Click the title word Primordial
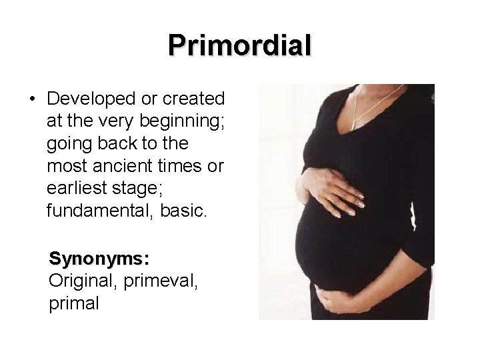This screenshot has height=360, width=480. [239, 45]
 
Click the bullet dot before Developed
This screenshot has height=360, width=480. [32, 99]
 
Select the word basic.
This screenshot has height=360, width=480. [185, 212]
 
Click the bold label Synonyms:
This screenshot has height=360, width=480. [99, 258]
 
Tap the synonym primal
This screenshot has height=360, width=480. [74, 303]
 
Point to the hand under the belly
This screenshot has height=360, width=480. [340, 300]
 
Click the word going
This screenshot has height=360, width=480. [68, 144]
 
